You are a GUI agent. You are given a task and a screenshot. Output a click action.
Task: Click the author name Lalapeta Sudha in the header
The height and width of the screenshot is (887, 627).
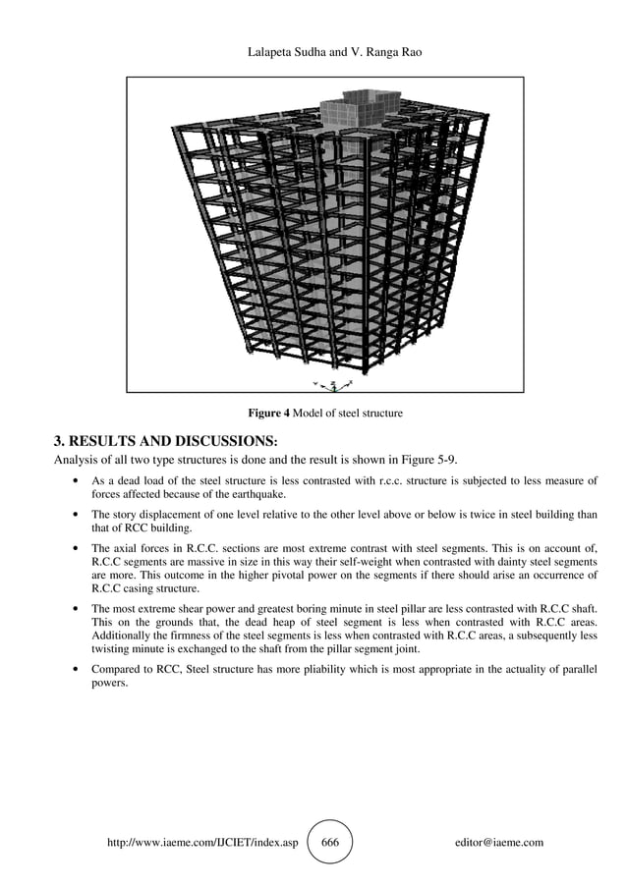click(288, 50)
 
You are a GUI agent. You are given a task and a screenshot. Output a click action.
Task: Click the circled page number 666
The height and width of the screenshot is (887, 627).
click(330, 843)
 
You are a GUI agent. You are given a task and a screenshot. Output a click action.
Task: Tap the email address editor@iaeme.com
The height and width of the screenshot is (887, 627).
click(499, 843)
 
